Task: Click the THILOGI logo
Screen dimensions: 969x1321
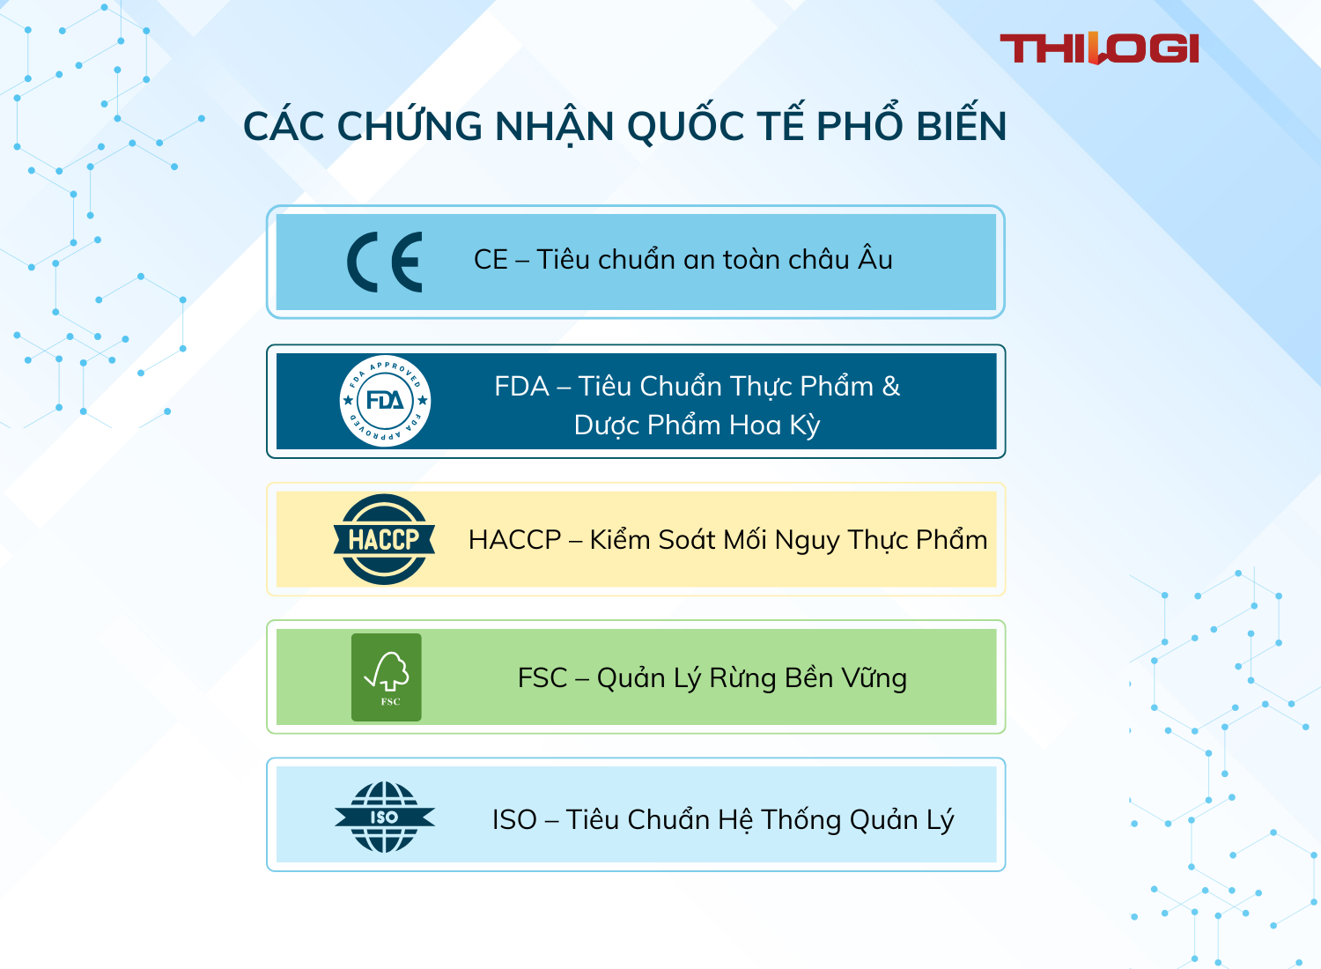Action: click(1099, 48)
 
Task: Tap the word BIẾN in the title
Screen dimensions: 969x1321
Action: click(961, 126)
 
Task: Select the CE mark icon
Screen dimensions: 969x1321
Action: click(385, 262)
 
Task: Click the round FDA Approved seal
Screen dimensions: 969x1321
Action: click(385, 401)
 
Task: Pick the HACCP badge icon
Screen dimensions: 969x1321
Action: click(384, 539)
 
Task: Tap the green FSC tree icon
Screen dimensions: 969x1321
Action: click(387, 677)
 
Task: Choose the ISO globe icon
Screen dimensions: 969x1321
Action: click(385, 817)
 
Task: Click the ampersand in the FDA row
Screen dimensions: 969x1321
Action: click(890, 387)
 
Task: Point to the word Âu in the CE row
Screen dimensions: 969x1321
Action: click(875, 259)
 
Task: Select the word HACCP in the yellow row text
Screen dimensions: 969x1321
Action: click(514, 539)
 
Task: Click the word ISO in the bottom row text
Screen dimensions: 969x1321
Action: click(514, 819)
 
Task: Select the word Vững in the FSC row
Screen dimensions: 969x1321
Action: click(874, 678)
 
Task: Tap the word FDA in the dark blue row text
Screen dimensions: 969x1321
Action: click(521, 387)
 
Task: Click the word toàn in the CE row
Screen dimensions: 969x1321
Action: click(751, 260)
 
